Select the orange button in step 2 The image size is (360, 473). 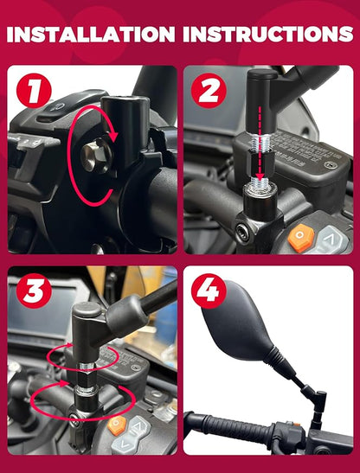(x=301, y=239)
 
